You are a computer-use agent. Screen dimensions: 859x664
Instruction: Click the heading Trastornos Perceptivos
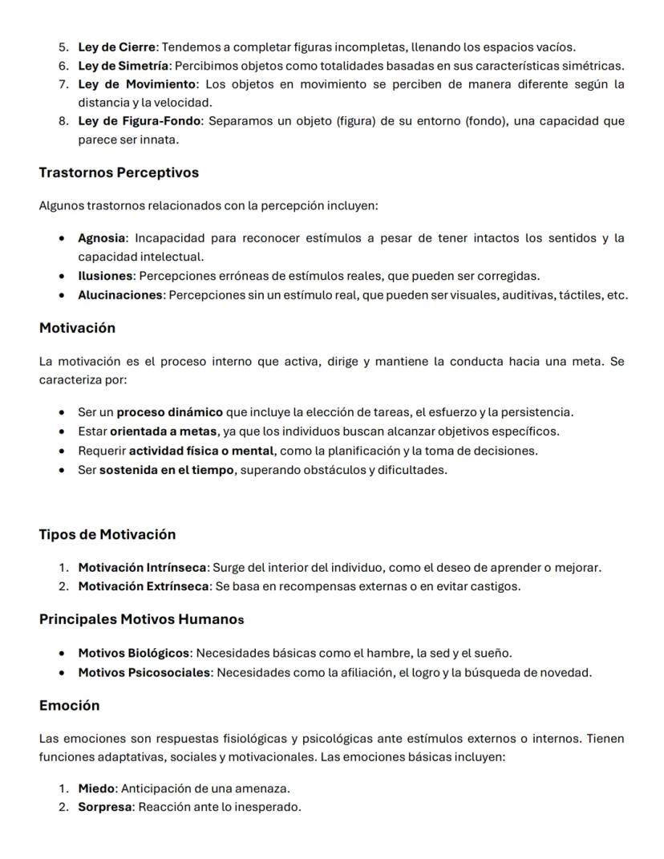(119, 172)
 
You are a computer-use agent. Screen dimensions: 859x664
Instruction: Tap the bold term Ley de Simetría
(123, 66)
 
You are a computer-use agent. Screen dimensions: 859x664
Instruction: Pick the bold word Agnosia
(102, 238)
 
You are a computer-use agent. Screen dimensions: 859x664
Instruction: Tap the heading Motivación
(77, 328)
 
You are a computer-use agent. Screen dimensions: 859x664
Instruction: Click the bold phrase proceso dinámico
(170, 412)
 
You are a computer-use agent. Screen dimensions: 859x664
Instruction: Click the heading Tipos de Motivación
(107, 534)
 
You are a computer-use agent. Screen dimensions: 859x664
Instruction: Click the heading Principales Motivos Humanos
(141, 619)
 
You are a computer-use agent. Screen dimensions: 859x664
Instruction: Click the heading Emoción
(69, 705)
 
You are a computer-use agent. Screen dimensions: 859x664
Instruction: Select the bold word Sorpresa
(104, 807)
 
